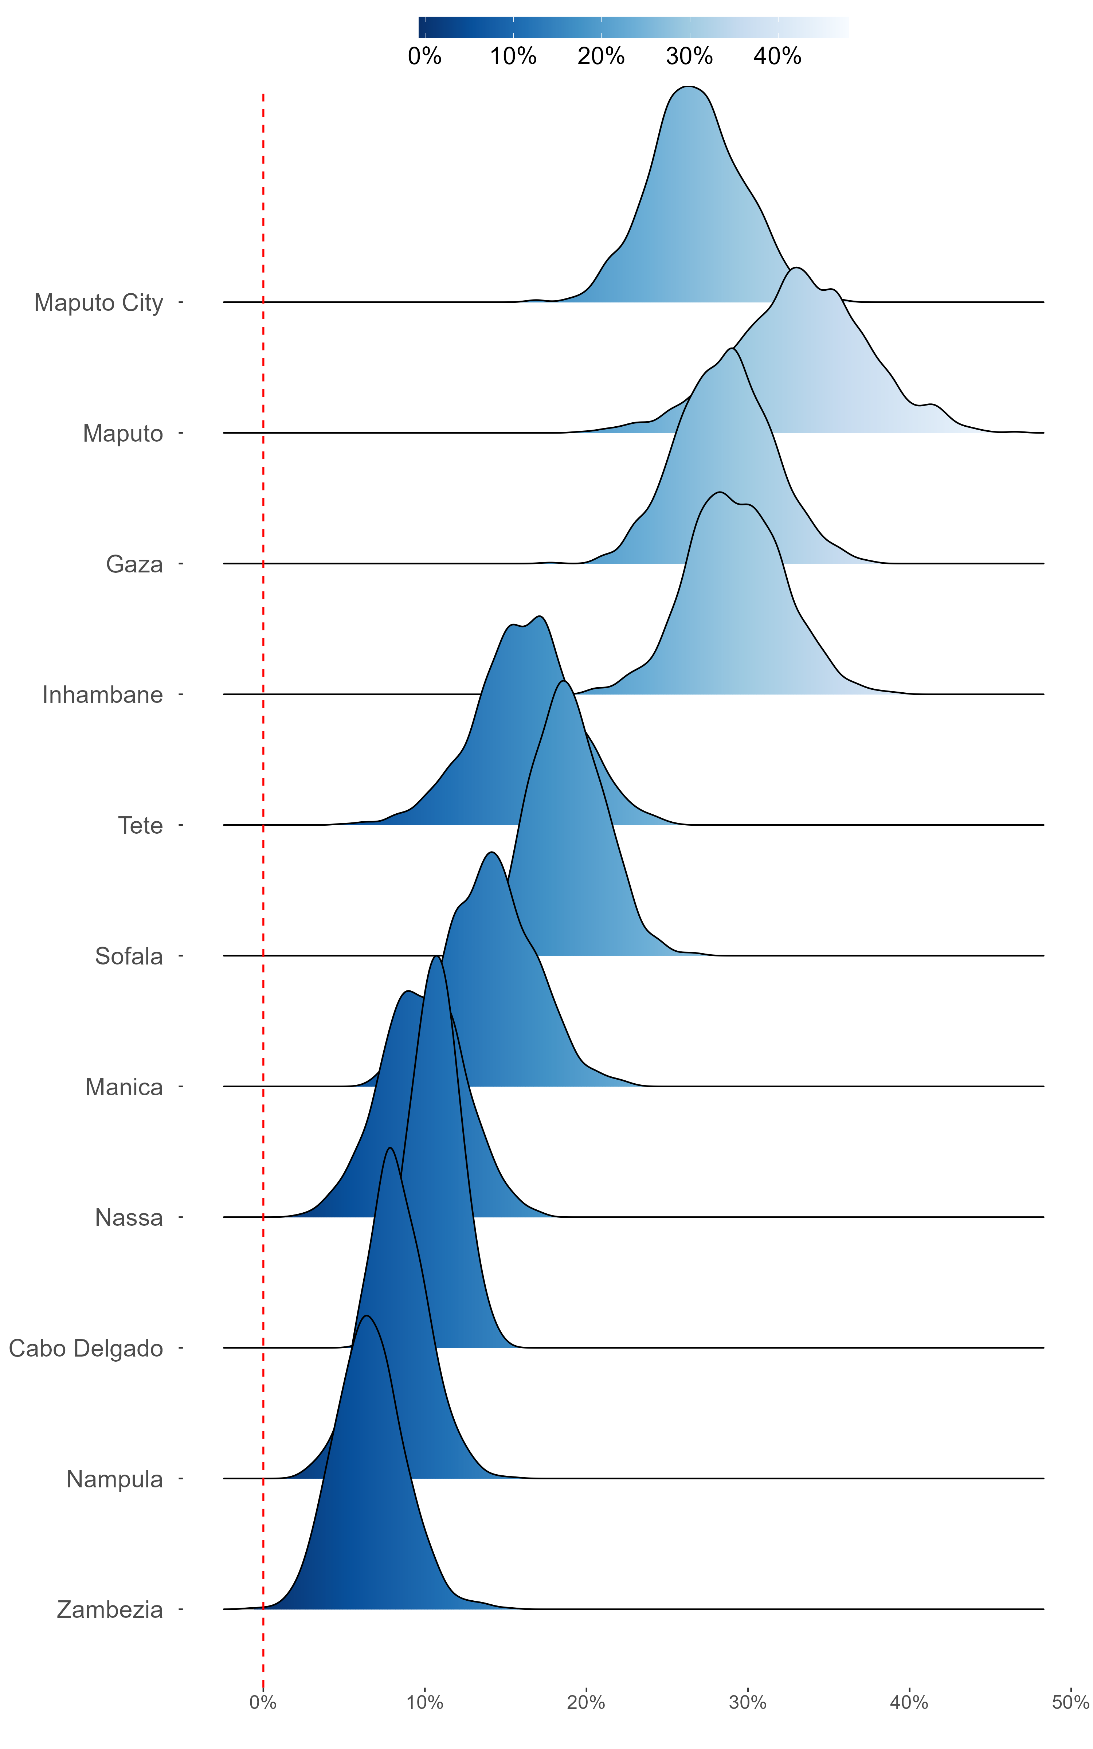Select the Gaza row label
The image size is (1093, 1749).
point(134,564)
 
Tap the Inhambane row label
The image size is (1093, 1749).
point(103,694)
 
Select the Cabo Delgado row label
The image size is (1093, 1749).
point(86,1349)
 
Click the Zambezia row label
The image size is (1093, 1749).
point(110,1610)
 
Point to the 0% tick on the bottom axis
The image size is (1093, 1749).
point(263,1703)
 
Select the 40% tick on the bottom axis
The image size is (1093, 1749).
point(909,1703)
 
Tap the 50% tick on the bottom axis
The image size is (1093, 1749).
point(1070,1703)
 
